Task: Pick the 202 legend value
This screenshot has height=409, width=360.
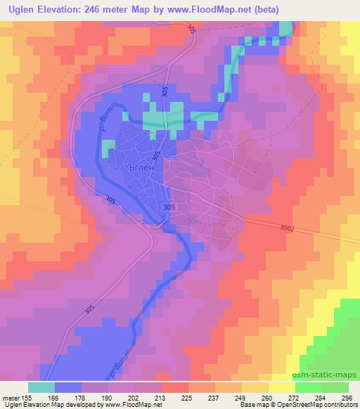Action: (x=134, y=398)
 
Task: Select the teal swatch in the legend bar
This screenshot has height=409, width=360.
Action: (x=41, y=387)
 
